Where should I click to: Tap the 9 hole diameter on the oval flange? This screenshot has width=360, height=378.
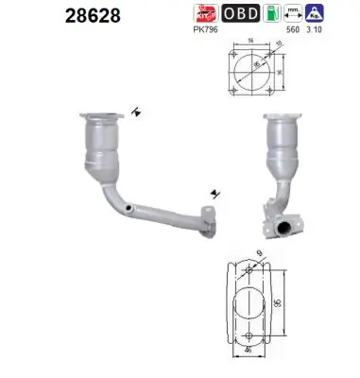pos(260,252)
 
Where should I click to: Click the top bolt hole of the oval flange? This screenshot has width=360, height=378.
pos(250,271)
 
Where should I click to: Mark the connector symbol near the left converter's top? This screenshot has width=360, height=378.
pos(138,112)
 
